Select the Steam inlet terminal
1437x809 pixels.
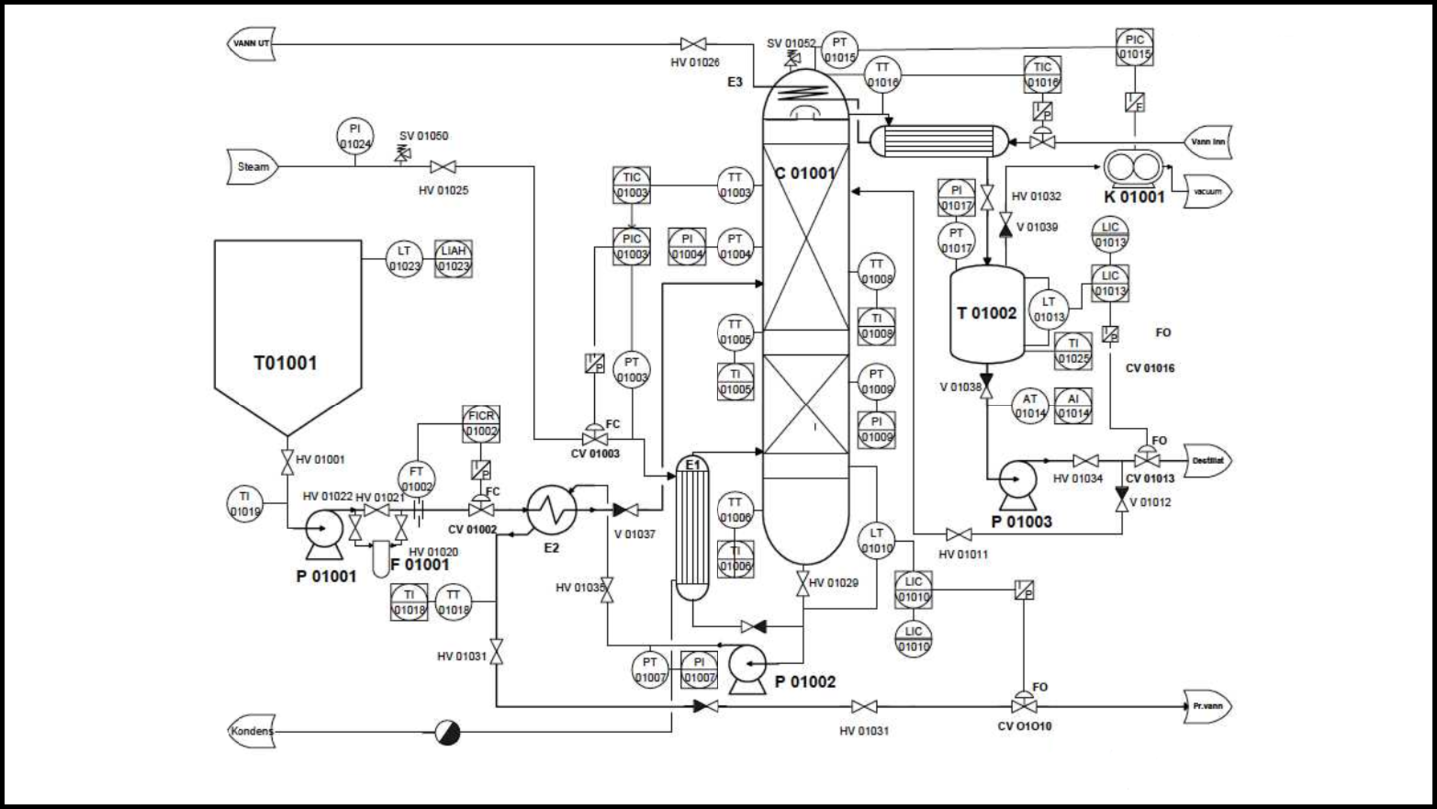point(253,166)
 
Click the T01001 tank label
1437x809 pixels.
point(284,362)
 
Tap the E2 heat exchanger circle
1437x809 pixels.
point(547,510)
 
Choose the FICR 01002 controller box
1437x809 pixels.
point(481,424)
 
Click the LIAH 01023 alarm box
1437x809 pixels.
point(454,260)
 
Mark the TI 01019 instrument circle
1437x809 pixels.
point(244,504)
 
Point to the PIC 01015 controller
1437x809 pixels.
point(1133,45)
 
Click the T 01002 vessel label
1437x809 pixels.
point(986,313)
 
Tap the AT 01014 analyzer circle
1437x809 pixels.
point(1030,405)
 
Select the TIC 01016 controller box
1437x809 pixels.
point(1043,73)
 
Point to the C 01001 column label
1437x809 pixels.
point(806,172)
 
